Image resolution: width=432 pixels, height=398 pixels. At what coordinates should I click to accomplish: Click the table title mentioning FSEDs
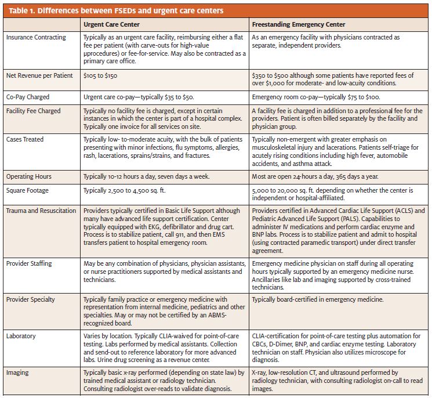pyautogui.click(x=116, y=11)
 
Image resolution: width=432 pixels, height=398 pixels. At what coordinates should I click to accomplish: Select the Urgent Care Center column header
pyautogui.click(x=111, y=24)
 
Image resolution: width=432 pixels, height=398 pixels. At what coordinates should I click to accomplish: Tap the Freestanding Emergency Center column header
pyautogui.click(x=299, y=24)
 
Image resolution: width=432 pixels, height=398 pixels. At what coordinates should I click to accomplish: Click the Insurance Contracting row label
pyautogui.click(x=36, y=37)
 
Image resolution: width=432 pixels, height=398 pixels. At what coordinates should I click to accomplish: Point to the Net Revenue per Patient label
pyautogui.click(x=39, y=75)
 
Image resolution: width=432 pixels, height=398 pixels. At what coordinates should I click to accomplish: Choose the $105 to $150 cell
pyautogui.click(x=100, y=75)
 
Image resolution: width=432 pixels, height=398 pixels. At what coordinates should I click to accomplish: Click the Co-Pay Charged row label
pyautogui.click(x=28, y=97)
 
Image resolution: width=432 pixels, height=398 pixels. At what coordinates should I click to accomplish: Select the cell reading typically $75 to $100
pyautogui.click(x=316, y=97)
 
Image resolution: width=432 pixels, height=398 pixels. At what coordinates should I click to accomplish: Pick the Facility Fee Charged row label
pyautogui.click(x=33, y=111)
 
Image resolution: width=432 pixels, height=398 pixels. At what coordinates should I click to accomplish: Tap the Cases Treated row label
pyautogui.click(x=25, y=139)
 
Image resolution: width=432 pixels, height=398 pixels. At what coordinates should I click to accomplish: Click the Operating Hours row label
pyautogui.click(x=29, y=176)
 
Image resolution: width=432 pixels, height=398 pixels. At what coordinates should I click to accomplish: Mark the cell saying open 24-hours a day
pyautogui.click(x=315, y=176)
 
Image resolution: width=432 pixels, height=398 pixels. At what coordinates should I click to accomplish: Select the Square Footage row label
pyautogui.click(x=27, y=190)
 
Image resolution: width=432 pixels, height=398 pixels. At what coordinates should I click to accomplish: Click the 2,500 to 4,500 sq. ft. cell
pyautogui.click(x=125, y=190)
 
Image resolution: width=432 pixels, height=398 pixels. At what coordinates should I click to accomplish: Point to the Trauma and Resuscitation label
pyautogui.click(x=41, y=211)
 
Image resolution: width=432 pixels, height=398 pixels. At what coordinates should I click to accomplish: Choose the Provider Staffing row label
pyautogui.click(x=29, y=263)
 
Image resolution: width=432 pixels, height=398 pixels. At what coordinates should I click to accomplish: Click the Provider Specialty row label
pyautogui.click(x=31, y=299)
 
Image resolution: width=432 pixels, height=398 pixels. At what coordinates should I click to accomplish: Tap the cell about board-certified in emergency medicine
pyautogui.click(x=318, y=299)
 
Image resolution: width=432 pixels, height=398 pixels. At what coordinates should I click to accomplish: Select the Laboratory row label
pyautogui.click(x=21, y=336)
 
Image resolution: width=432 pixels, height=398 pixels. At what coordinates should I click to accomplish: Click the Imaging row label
pyautogui.click(x=17, y=372)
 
